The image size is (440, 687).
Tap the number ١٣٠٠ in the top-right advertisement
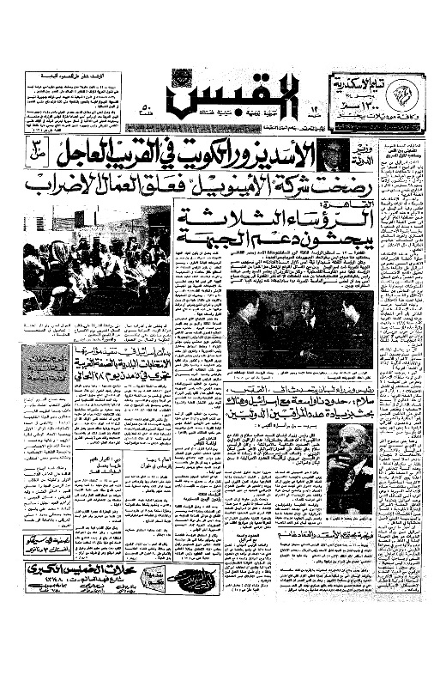click(x=361, y=101)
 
